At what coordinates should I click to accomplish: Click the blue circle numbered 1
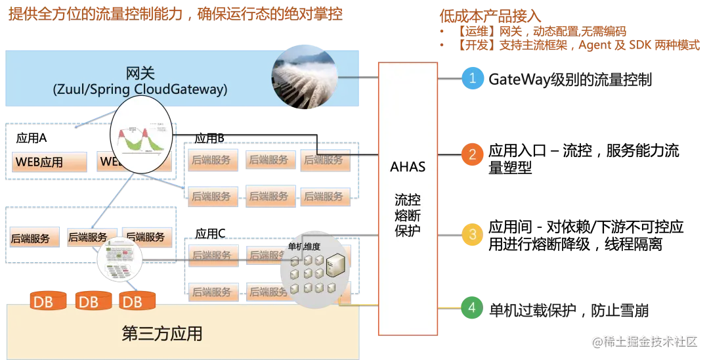[472, 78]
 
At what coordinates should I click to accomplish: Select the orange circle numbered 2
[472, 154]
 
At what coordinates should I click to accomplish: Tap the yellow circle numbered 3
[472, 234]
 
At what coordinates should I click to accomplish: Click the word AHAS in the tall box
[407, 167]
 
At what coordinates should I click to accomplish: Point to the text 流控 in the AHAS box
[407, 199]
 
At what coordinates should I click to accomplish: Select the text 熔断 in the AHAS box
[407, 215]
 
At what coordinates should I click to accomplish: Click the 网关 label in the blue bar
[140, 72]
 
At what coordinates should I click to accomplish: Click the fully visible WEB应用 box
[47, 162]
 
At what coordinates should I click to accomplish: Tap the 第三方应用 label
[162, 334]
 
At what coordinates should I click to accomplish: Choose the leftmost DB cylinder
[48, 302]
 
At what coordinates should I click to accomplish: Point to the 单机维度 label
[304, 246]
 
